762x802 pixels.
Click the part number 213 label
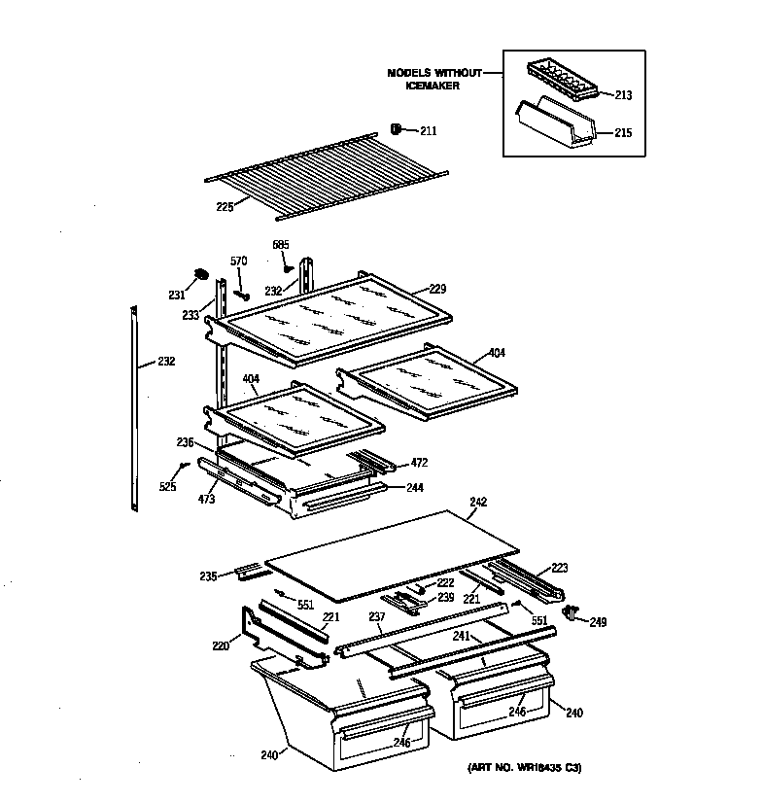tap(623, 95)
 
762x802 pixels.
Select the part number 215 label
tap(623, 132)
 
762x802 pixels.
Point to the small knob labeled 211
tap(397, 129)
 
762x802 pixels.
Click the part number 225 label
tap(225, 206)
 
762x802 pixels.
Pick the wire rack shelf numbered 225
tap(326, 170)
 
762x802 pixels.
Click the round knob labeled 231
tap(201, 275)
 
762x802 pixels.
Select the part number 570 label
tap(238, 261)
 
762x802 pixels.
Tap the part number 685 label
tap(281, 244)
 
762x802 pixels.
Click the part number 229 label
tap(436, 290)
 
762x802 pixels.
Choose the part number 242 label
tap(478, 502)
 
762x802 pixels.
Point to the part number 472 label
tap(419, 463)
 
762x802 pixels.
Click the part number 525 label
tap(168, 486)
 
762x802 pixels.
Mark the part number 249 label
tap(597, 622)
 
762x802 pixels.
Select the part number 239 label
tap(445, 597)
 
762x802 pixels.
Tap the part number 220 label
tap(221, 644)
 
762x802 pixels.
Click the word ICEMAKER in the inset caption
tap(433, 86)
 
